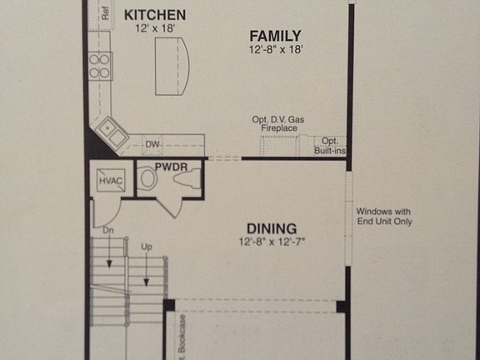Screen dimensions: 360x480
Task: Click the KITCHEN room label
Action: point(154,15)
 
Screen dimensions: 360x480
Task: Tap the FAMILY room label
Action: point(275,35)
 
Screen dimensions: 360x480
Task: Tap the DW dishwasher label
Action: point(152,145)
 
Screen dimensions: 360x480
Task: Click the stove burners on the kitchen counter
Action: point(101,65)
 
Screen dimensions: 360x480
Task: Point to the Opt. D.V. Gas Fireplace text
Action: point(278,124)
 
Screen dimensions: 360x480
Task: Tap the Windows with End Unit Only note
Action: point(384,216)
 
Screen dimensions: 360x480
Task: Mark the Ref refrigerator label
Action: point(105,13)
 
